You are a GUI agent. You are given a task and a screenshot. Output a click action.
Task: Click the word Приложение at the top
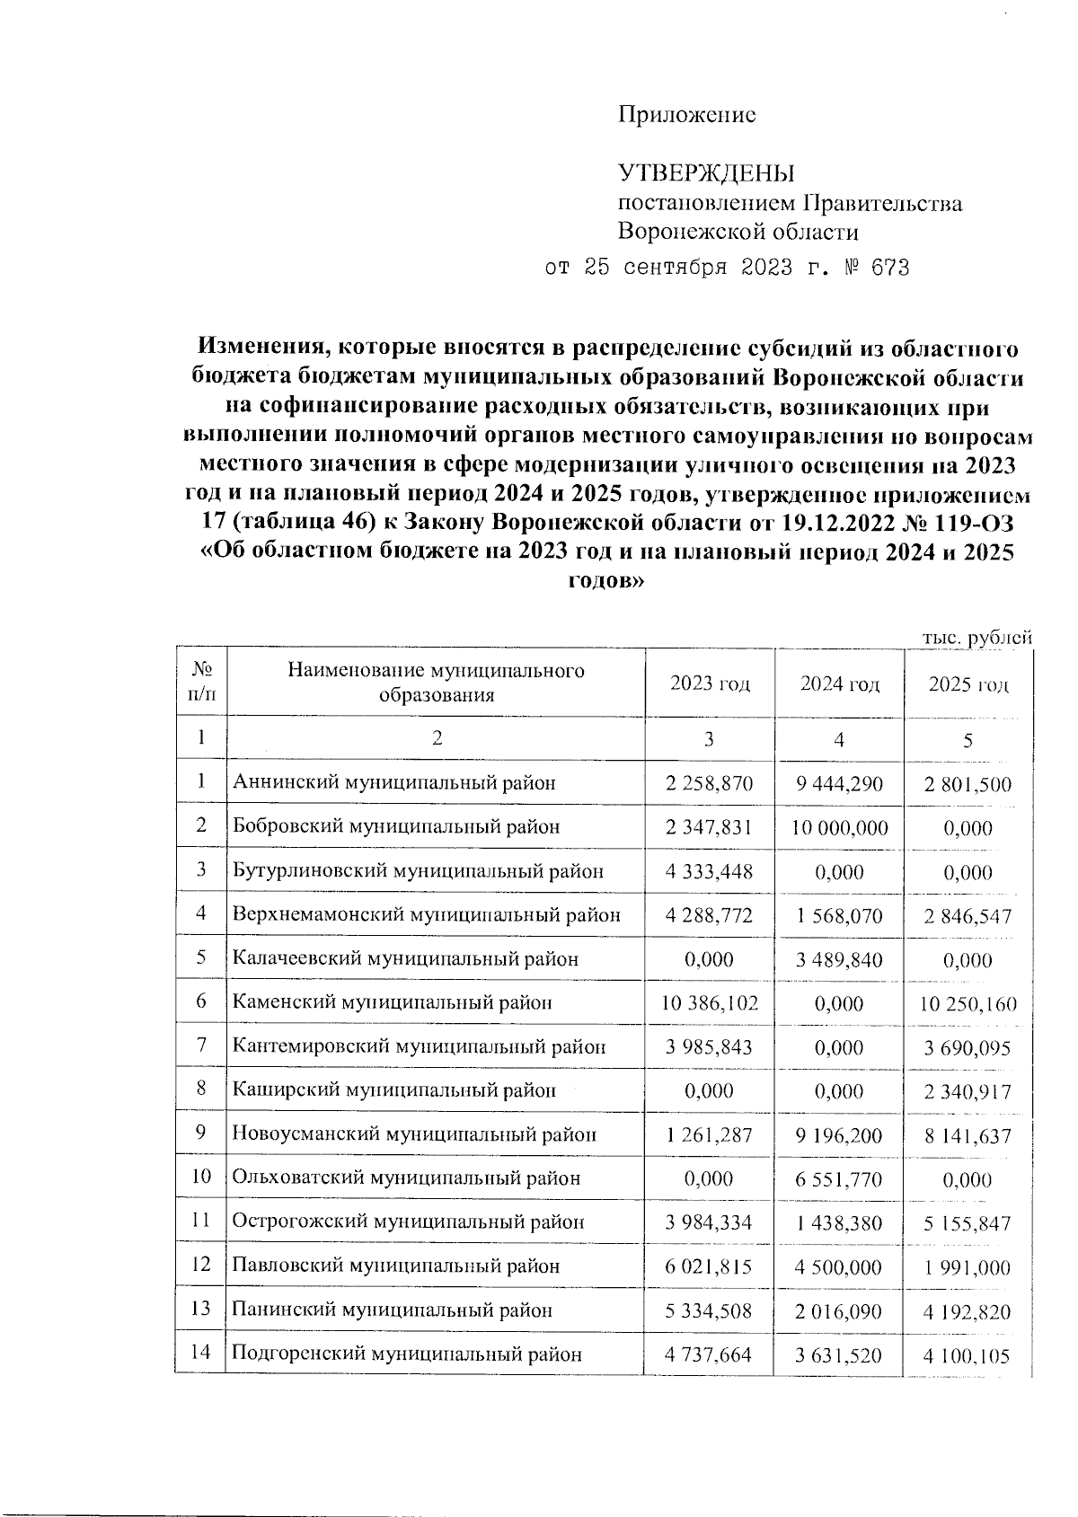[686, 115]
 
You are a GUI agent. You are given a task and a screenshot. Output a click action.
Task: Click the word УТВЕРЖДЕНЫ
[706, 173]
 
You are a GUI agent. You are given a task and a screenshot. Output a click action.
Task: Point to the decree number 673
[888, 268]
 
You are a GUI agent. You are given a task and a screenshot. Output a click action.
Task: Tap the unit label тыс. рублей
[976, 637]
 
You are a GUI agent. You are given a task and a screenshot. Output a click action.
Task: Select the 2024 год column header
[839, 684]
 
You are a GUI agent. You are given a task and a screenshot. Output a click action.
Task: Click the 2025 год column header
[968, 684]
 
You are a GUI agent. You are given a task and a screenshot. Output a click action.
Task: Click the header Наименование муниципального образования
[436, 683]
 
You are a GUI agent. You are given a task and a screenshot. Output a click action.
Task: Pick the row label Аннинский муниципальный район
[393, 783]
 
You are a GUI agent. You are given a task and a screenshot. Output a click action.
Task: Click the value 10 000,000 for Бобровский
[839, 827]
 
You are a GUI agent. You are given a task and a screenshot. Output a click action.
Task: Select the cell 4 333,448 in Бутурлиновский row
[709, 871]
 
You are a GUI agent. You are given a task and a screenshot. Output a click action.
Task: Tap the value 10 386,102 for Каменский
[709, 1003]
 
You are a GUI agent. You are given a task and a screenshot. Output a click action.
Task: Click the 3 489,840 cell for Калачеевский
[839, 959]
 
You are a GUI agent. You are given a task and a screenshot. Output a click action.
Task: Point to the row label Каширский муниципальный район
[393, 1091]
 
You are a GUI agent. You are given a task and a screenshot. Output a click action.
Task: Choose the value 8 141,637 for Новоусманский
[968, 1136]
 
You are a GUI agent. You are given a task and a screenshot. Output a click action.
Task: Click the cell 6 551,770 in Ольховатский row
[839, 1179]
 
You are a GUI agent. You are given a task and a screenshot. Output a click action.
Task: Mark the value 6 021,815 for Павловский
[709, 1267]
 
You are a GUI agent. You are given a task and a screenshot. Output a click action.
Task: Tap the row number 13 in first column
[200, 1310]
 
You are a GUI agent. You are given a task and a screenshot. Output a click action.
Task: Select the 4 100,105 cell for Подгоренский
[968, 1355]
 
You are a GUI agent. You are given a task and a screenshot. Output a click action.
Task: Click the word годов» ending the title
[606, 581]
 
